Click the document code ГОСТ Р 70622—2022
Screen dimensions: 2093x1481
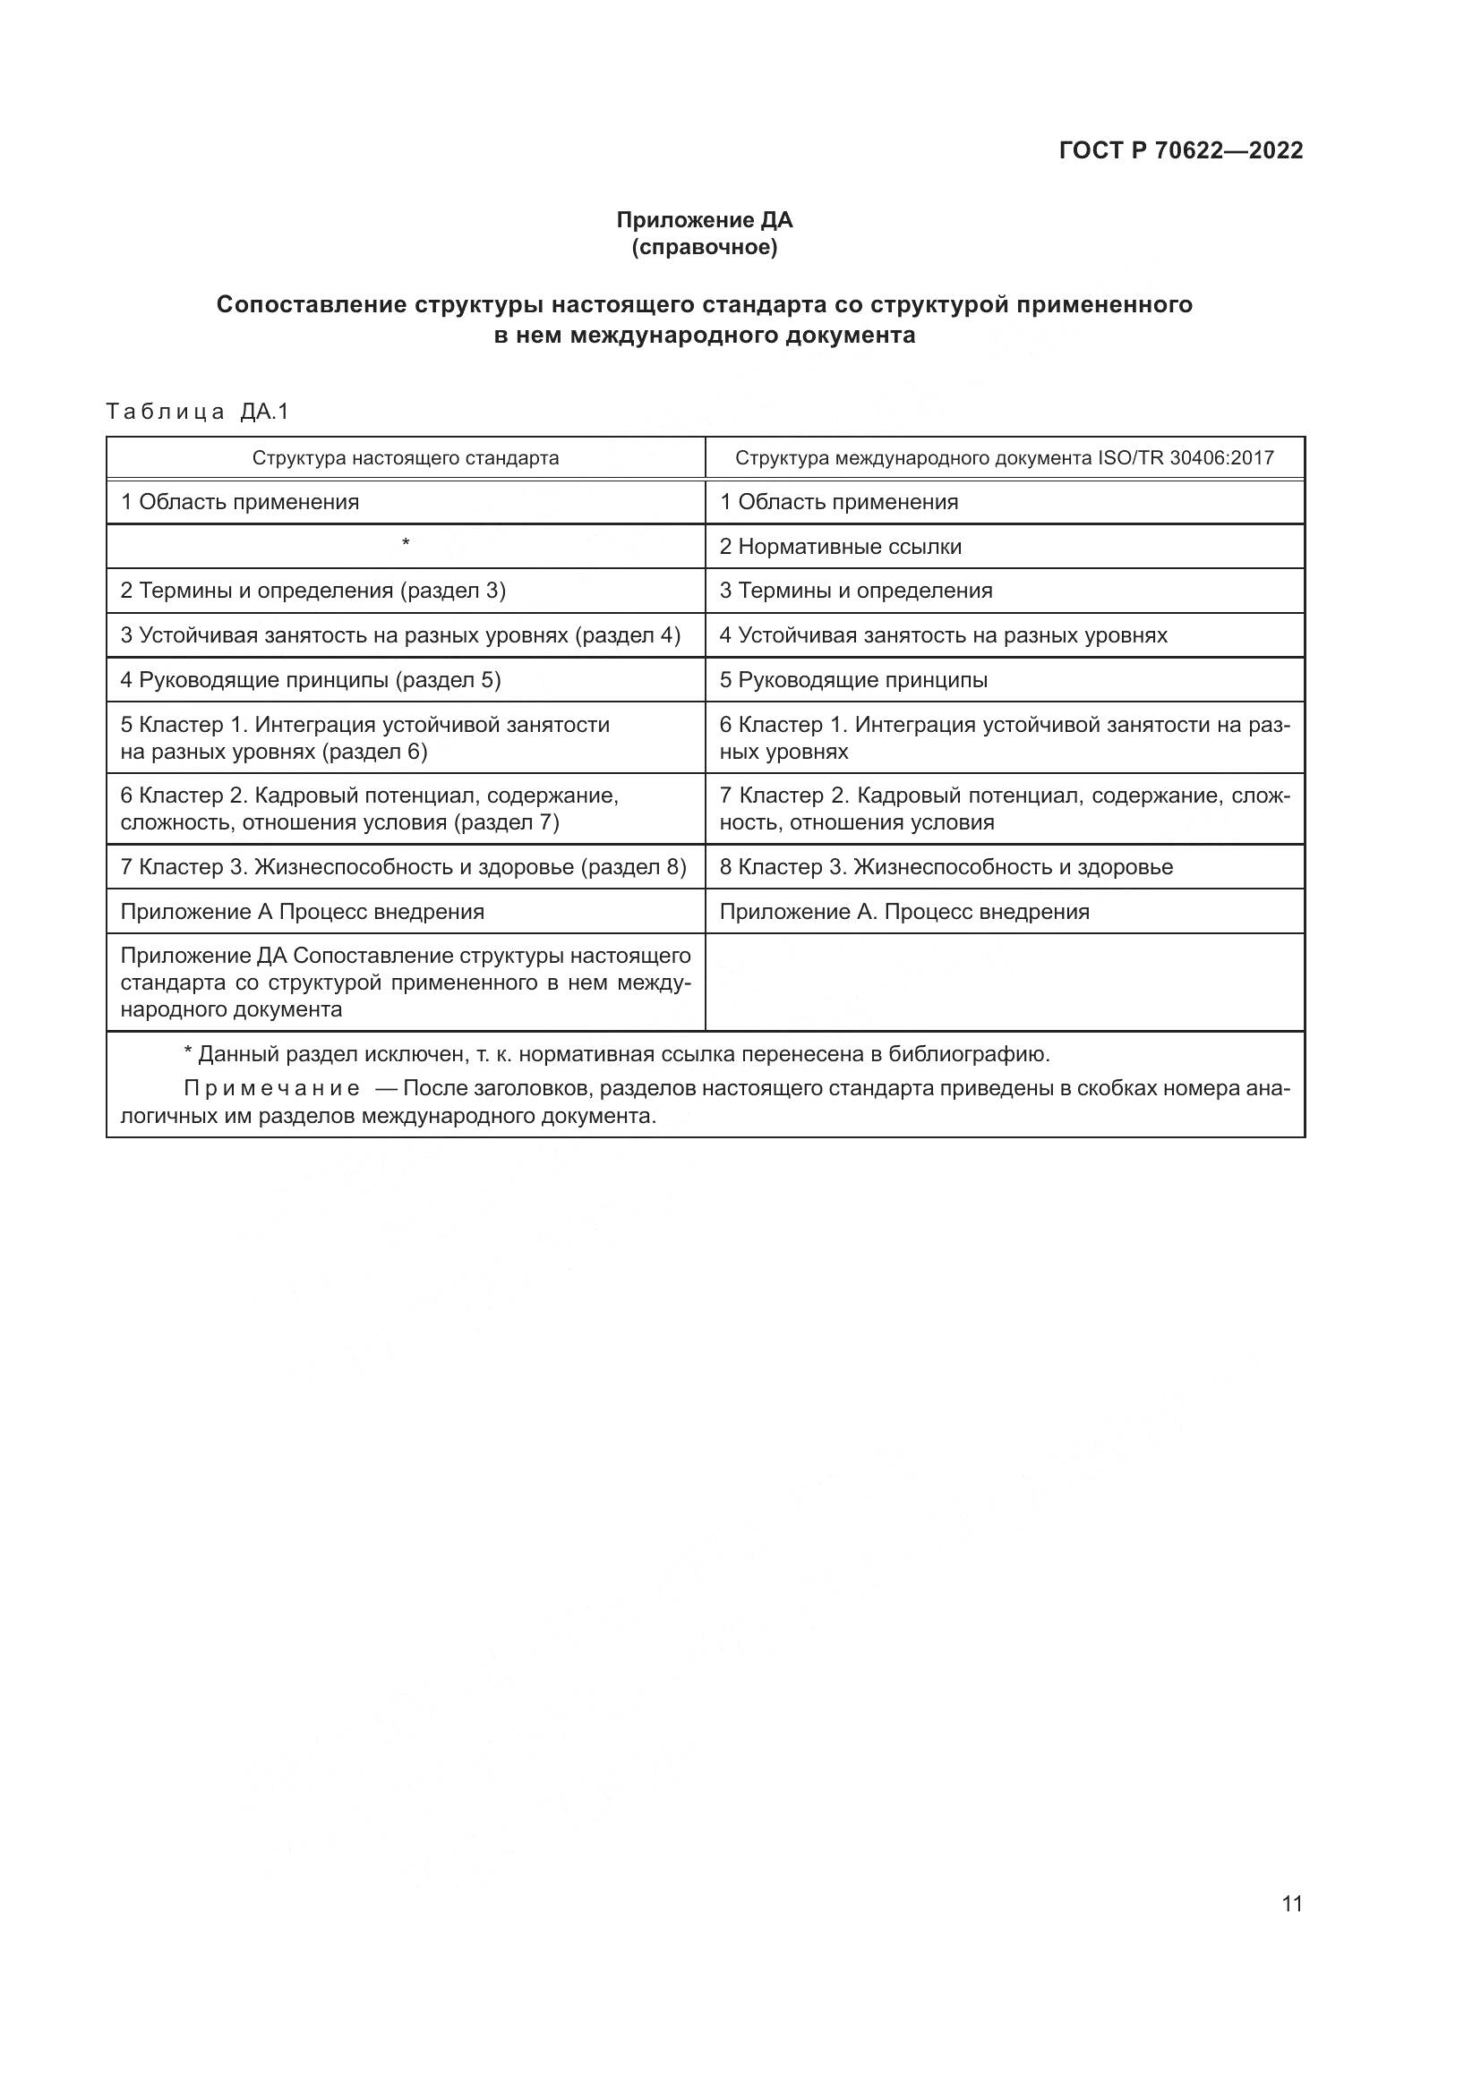[1181, 150]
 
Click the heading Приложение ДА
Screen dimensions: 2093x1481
[704, 220]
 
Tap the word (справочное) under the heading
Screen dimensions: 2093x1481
[704, 247]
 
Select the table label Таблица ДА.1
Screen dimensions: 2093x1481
[197, 412]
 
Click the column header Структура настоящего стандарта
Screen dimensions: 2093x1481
[406, 457]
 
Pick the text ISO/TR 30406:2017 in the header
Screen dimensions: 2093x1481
[1186, 457]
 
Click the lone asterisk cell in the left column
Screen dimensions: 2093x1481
[406, 544]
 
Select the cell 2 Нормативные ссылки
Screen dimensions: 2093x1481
[840, 547]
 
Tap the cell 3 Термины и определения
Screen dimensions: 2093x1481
[855, 591]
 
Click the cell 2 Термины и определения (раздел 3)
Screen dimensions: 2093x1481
[312, 591]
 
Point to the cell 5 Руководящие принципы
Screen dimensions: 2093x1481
[853, 680]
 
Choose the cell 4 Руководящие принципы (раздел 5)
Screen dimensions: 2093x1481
[311, 680]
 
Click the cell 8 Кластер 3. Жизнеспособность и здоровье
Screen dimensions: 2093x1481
[946, 867]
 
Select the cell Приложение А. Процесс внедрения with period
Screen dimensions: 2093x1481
[903, 912]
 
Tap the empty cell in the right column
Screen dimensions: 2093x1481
[1004, 982]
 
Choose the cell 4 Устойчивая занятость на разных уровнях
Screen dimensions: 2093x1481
[943, 635]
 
